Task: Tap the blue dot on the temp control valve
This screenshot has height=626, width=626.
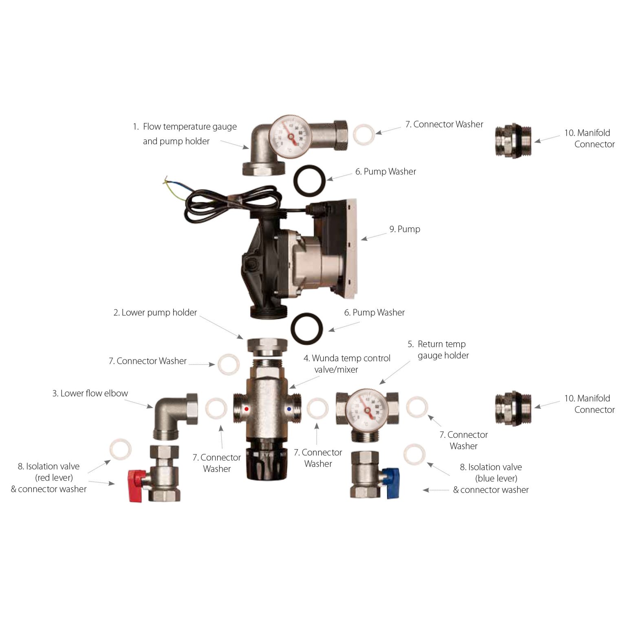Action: (x=289, y=408)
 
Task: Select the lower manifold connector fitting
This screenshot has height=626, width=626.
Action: (x=513, y=409)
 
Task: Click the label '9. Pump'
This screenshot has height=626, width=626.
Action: (x=404, y=229)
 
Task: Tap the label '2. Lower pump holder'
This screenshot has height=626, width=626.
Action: (x=155, y=313)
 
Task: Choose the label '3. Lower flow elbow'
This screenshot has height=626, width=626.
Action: (x=90, y=393)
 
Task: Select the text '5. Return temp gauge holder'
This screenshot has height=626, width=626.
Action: (x=439, y=350)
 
